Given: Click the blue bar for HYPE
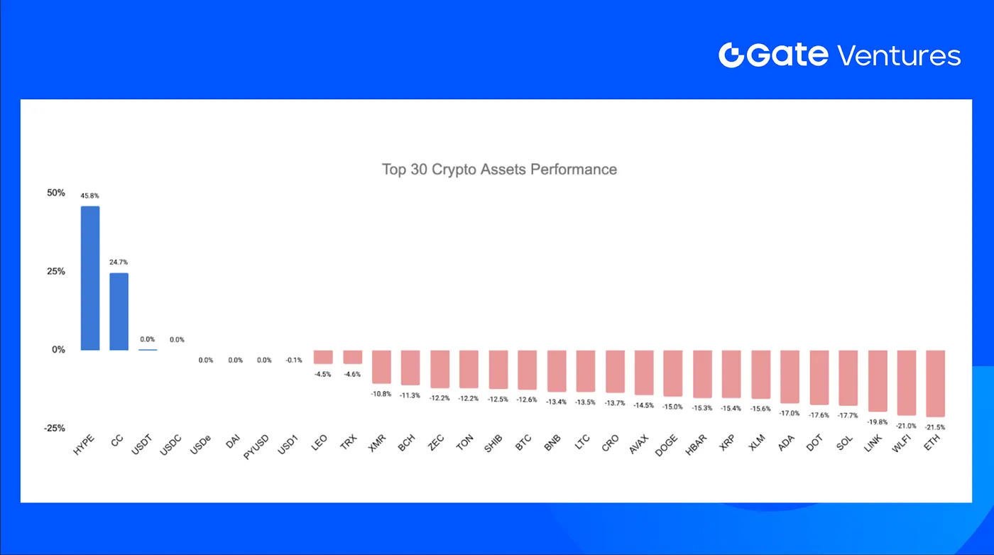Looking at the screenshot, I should coord(89,278).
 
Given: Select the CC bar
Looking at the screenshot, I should coord(119,312).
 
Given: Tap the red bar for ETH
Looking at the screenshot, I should coord(935,383).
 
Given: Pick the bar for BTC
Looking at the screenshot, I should coord(527,370).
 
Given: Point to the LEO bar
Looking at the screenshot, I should coord(323,357).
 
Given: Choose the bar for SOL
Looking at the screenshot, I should coord(848,378).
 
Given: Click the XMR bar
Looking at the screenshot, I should coord(381,367).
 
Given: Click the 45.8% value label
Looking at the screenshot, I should coord(89,195).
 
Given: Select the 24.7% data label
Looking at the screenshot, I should coord(119,262).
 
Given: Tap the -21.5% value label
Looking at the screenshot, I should coord(935,427).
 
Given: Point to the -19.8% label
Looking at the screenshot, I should coord(877,422).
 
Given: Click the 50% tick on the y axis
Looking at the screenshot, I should coord(56,193).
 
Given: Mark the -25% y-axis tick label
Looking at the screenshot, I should coord(54,428).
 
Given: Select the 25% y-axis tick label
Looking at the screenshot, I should coord(56,271).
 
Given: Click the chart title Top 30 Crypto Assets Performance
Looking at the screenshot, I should coord(499,170).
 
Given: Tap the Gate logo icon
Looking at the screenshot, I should coord(731,55).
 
